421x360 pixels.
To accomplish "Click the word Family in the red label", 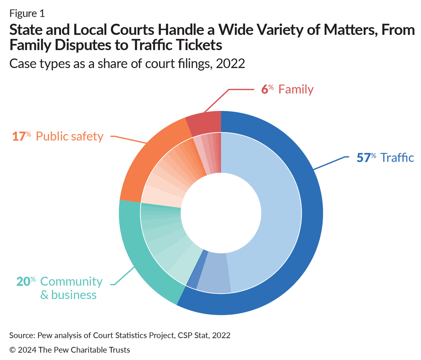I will coord(296,89).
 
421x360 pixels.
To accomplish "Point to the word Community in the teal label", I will coord(71,281).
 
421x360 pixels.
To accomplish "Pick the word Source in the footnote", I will coord(22,335).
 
